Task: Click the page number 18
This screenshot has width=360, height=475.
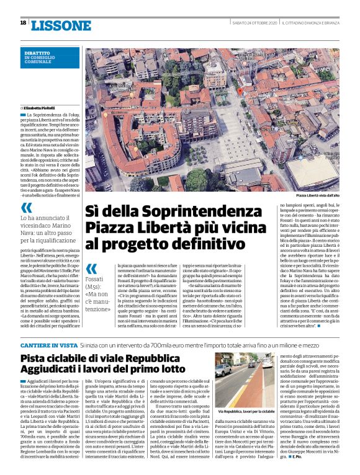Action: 23,23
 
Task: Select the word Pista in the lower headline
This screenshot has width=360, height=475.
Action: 35,358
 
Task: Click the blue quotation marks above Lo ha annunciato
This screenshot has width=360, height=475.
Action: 27,208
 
